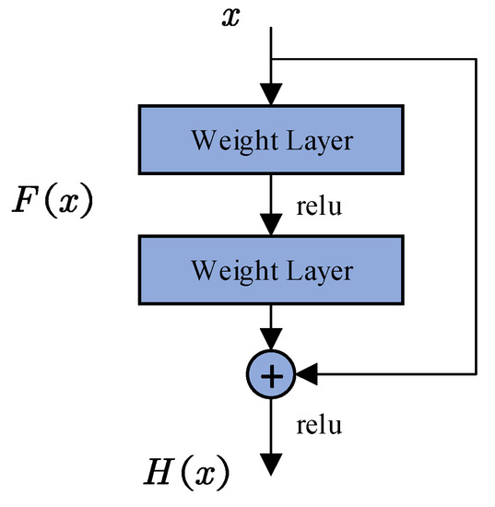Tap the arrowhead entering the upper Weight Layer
271,94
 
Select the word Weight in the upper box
227,140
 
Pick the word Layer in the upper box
317,140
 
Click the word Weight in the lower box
227,270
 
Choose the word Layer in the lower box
317,270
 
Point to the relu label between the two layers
318,205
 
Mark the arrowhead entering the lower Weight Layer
271,224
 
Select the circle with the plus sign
271,373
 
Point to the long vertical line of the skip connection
476,212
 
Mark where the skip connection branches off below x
271,56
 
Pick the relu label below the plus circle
318,425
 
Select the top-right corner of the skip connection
476,56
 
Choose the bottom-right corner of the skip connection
476,373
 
